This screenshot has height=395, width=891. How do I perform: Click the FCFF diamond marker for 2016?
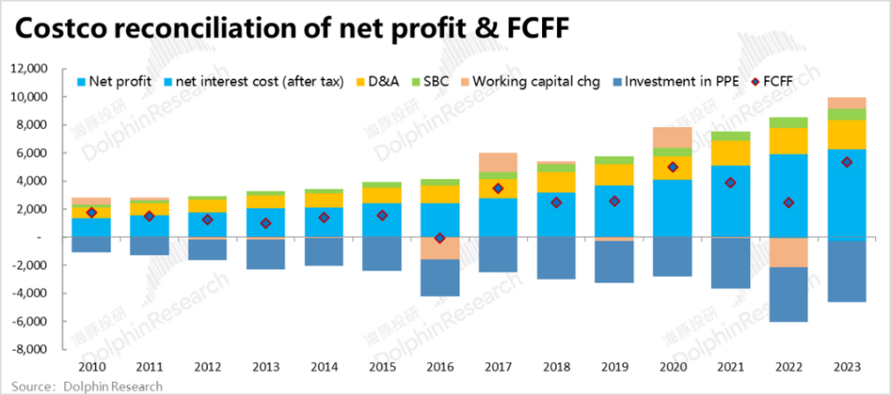(439, 238)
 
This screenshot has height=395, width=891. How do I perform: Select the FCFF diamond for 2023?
(847, 162)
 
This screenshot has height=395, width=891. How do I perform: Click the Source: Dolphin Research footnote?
(87, 385)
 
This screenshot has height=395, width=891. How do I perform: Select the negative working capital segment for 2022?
(788, 252)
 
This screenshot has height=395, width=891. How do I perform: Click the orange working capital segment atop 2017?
(498, 162)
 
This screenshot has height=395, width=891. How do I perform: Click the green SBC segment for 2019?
(614, 160)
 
